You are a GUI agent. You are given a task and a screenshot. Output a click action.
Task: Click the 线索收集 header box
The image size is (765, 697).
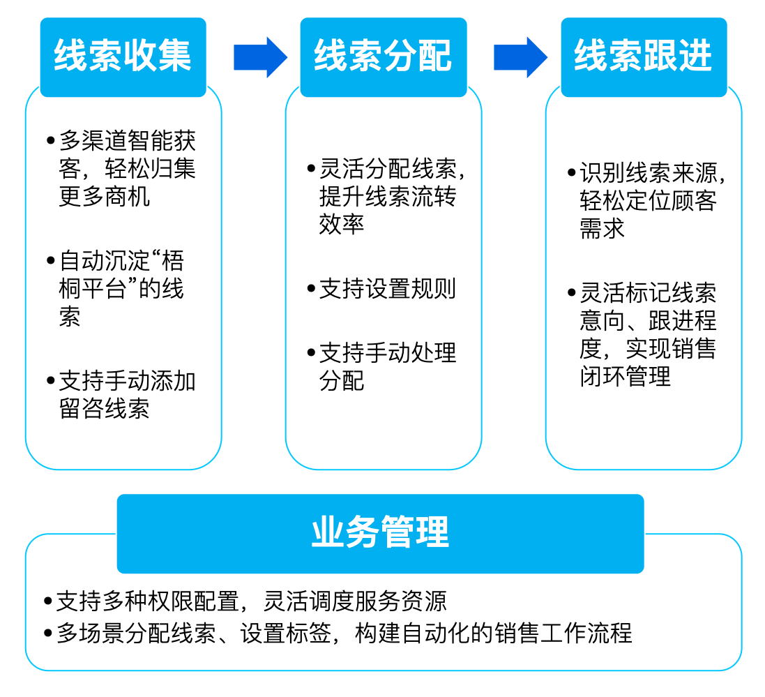point(123,57)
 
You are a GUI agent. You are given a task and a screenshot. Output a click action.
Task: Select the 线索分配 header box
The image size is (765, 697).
point(383,57)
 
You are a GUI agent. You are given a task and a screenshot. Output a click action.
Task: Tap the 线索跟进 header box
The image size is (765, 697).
point(643,57)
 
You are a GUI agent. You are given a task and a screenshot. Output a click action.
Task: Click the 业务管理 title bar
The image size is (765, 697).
point(380,534)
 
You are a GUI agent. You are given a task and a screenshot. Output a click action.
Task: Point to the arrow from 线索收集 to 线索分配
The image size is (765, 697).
point(259,57)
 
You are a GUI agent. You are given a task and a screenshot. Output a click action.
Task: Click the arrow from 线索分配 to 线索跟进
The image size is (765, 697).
point(520,57)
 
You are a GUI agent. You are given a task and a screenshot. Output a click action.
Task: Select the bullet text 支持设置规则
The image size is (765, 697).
point(388,288)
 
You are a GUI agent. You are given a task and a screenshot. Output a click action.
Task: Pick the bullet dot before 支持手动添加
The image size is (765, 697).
point(50,380)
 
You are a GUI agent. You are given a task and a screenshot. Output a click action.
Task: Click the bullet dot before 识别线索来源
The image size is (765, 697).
point(571,172)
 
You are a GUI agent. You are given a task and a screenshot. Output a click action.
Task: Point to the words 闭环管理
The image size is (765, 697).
point(625,377)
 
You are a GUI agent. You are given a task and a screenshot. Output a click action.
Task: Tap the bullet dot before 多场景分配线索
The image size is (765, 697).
point(47,633)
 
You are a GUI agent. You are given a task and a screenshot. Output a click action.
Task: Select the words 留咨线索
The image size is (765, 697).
point(105,408)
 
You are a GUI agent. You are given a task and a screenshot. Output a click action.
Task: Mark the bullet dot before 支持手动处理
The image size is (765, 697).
point(311,352)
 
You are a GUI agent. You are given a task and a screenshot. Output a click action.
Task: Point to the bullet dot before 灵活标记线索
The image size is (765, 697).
point(571,292)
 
